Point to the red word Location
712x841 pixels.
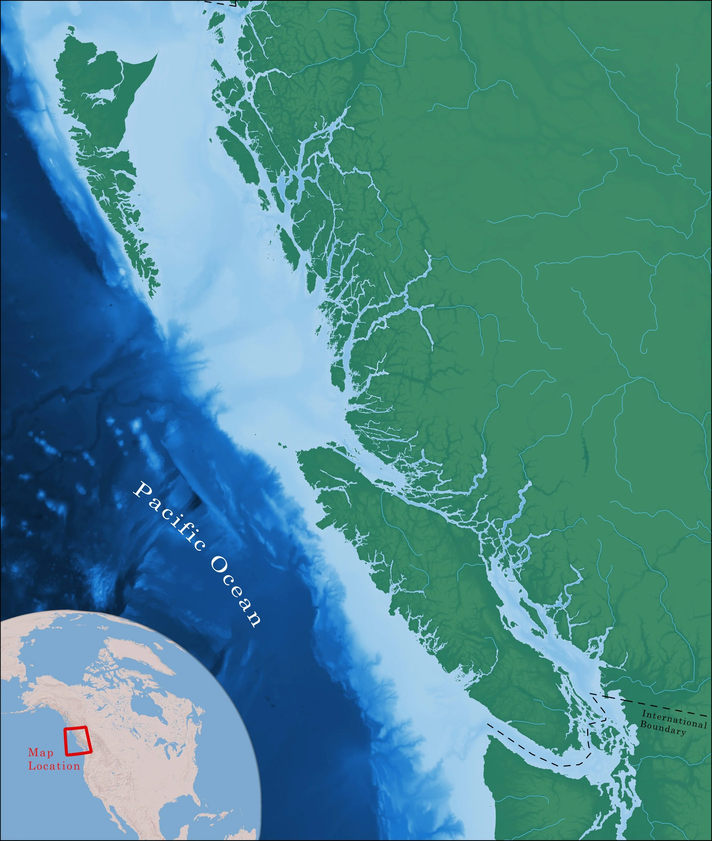pos(54,766)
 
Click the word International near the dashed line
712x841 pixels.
pos(674,719)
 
